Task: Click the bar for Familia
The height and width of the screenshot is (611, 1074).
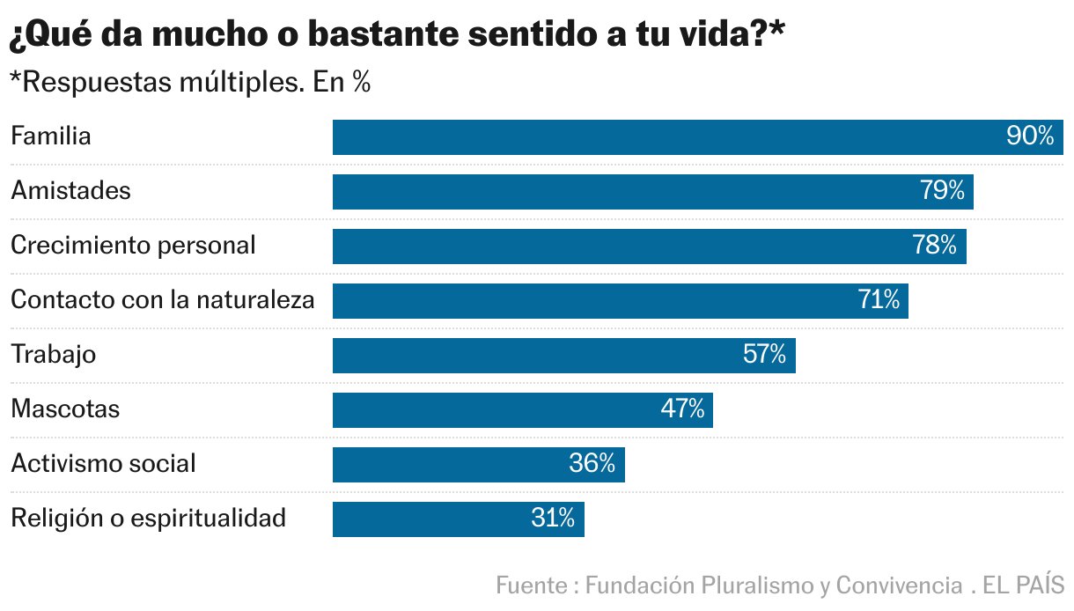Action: (669, 137)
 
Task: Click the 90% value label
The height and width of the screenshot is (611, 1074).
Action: (1029, 136)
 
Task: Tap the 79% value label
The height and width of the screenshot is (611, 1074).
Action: (942, 191)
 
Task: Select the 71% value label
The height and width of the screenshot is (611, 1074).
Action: (878, 300)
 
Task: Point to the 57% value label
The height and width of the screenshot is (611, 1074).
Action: (764, 355)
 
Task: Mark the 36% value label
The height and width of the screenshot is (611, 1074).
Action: (592, 464)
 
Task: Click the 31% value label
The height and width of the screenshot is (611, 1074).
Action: (552, 519)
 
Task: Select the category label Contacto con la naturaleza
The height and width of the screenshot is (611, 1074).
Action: (162, 299)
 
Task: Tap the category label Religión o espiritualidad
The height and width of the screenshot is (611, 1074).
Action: (148, 518)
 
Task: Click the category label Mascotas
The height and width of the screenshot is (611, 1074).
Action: (65, 409)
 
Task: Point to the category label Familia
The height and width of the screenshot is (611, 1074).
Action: (51, 136)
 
